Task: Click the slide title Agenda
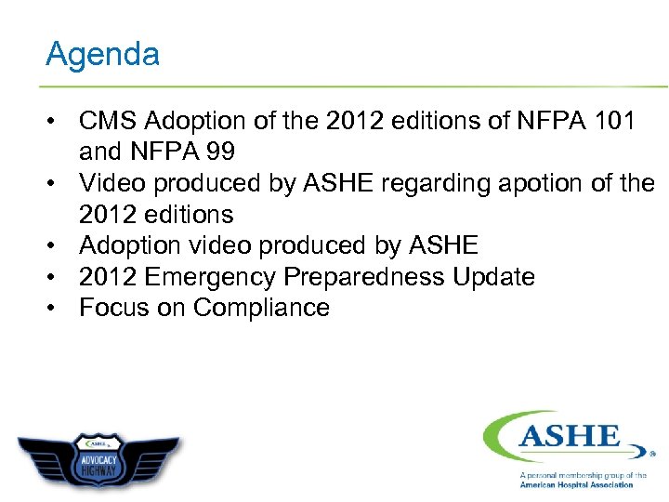(x=102, y=54)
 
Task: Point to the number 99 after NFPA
(x=216, y=152)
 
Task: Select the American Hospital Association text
(x=576, y=485)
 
